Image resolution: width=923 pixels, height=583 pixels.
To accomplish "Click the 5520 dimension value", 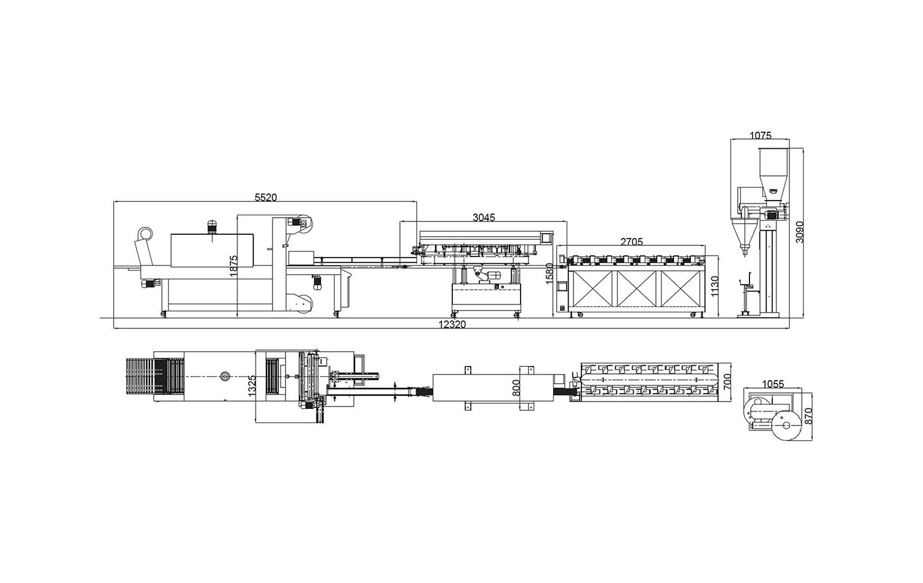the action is click(x=266, y=197).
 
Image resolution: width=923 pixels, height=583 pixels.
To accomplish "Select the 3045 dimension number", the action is click(x=484, y=217).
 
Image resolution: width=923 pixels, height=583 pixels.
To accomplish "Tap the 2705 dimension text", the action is click(x=631, y=242).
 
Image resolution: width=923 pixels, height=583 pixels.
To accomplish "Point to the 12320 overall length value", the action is click(x=452, y=325).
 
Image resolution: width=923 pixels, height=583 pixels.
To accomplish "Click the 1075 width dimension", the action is click(x=760, y=135).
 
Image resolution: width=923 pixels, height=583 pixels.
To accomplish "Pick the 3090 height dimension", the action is click(x=799, y=232).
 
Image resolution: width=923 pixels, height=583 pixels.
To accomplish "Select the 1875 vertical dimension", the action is click(x=233, y=266).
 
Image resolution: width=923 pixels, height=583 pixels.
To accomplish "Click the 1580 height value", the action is click(x=549, y=274).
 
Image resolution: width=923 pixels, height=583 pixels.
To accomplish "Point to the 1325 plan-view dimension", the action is click(x=252, y=386).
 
